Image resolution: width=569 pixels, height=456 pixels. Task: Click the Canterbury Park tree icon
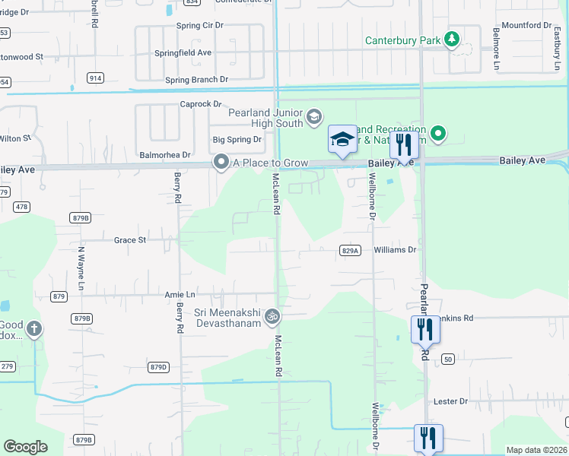coord(453,39)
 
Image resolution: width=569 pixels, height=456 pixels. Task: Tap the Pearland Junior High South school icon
coord(314,118)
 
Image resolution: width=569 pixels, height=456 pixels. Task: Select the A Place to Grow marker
coord(221,162)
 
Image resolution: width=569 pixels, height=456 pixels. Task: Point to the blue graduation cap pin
coord(342,140)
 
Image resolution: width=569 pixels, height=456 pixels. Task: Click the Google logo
coord(25,447)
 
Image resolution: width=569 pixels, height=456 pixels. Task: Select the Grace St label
coord(129,240)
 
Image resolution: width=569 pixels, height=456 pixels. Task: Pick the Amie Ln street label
coord(180,294)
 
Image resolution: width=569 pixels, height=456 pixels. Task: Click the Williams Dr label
coord(396,249)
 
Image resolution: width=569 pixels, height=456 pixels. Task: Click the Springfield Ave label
coord(183,53)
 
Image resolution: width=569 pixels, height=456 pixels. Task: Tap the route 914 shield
coord(95,78)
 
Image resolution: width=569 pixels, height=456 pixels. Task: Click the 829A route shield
coord(349,250)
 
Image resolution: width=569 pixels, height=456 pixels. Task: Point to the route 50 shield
coord(447,359)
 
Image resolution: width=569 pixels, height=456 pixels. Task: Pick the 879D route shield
coord(158,367)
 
